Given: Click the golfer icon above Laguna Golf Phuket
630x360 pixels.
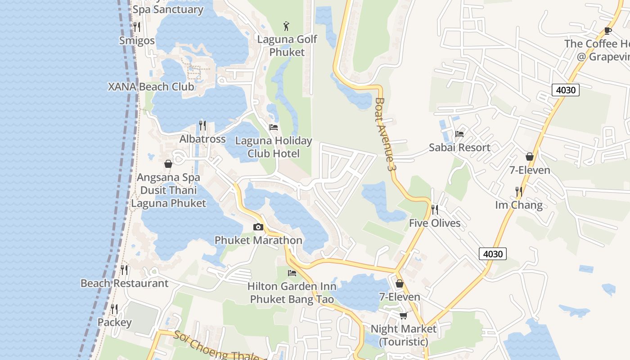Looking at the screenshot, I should click(x=287, y=26).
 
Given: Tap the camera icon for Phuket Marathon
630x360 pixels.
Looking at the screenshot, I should click(x=258, y=227).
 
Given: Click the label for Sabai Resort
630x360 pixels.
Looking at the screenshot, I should click(x=459, y=148).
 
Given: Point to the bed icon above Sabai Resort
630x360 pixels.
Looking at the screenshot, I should click(x=459, y=134).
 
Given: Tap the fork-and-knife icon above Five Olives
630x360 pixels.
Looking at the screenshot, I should click(x=434, y=209).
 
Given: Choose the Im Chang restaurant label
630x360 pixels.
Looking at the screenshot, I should click(x=519, y=205).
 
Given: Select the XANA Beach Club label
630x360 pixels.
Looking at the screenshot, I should click(x=151, y=87).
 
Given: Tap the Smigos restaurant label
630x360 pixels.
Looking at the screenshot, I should click(x=137, y=40).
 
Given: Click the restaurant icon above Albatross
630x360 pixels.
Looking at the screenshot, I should click(x=202, y=125).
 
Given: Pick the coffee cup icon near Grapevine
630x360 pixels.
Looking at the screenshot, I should click(x=607, y=31).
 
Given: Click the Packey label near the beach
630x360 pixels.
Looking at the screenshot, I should click(x=115, y=323).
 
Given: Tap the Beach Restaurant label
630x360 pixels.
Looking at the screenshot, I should click(x=124, y=283).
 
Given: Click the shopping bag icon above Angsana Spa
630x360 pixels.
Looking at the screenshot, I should click(x=168, y=164).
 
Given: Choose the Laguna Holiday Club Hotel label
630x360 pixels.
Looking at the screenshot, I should click(x=273, y=147).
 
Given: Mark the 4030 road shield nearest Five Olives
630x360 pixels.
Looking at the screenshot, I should click(x=492, y=254).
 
